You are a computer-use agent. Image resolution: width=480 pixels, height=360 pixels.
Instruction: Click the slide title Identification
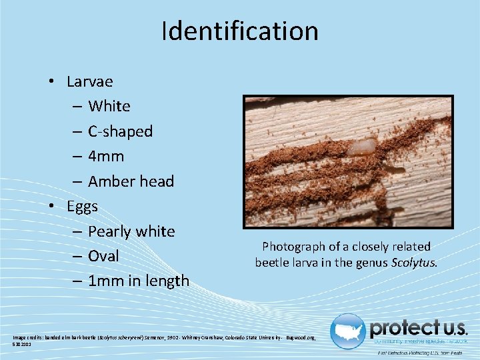[240, 31]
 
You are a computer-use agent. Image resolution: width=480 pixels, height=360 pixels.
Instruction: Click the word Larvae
[90, 81]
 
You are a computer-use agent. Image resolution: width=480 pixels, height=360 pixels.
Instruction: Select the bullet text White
[109, 106]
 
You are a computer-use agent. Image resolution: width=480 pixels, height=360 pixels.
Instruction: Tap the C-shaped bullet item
[120, 131]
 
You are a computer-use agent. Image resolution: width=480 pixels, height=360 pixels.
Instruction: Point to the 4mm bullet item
[106, 156]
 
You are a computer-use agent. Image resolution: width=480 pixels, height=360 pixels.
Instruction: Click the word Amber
[109, 181]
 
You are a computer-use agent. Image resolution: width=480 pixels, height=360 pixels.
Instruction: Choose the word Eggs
[82, 206]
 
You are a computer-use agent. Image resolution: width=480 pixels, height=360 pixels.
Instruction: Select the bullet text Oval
[103, 256]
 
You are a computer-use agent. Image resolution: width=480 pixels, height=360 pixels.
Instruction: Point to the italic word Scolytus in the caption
[414, 262]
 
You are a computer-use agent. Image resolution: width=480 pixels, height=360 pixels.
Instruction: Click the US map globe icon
[348, 331]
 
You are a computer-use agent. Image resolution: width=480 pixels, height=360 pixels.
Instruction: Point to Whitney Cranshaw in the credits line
[202, 339]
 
